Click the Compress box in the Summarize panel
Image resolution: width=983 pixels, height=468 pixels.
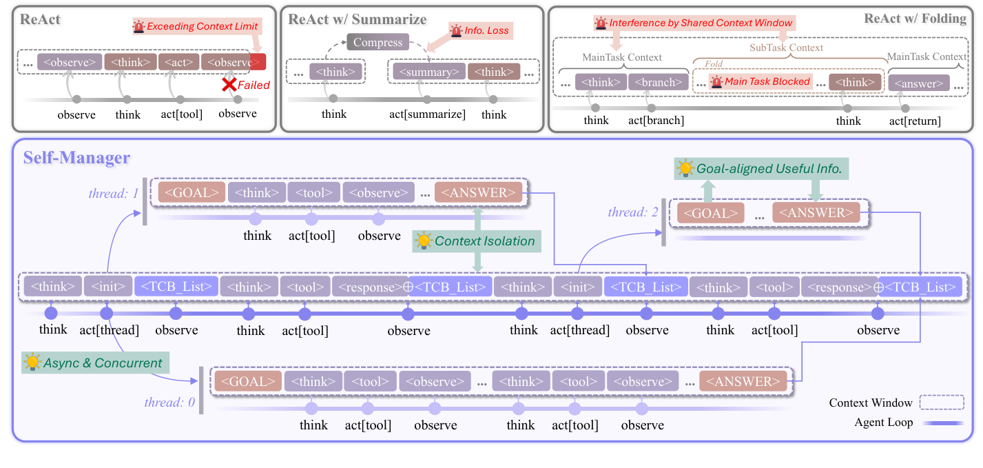(377, 43)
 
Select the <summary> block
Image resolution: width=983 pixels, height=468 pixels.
(427, 72)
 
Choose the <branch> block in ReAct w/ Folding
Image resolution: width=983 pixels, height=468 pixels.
(658, 83)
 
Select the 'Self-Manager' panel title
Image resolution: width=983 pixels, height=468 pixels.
(76, 157)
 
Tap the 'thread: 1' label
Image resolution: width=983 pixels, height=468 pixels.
(114, 194)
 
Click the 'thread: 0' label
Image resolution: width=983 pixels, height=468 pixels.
(169, 403)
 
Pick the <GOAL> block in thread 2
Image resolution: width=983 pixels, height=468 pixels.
(710, 214)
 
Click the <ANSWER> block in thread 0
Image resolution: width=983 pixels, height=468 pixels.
(743, 381)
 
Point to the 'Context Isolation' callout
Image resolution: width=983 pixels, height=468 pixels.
(484, 241)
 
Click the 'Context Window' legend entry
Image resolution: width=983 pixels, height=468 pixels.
(870, 403)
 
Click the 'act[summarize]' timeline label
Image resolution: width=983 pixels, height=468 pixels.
(428, 114)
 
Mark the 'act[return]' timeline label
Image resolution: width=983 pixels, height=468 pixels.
(915, 121)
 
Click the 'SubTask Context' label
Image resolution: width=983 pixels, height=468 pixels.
(785, 48)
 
